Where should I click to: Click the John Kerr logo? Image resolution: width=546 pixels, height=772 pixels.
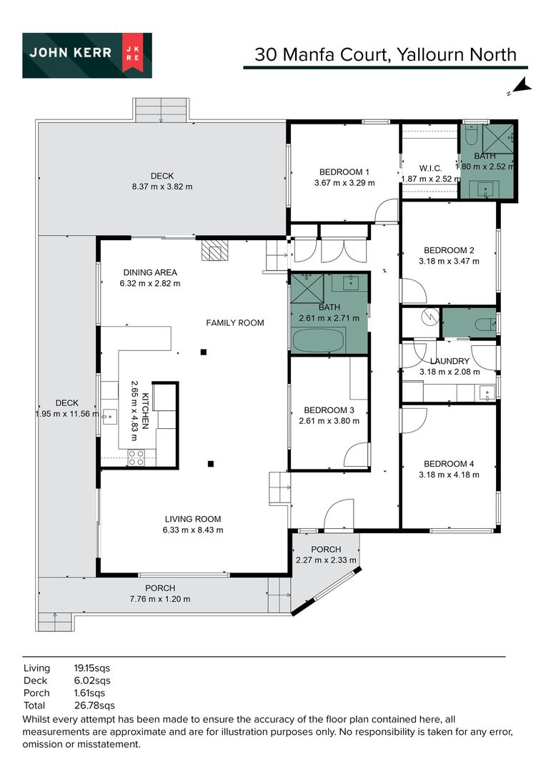tap(87, 55)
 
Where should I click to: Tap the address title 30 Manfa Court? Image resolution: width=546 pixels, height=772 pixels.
tap(322, 54)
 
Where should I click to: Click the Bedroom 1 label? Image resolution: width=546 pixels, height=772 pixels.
tap(344, 172)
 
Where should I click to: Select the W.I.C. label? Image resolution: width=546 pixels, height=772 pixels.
tap(430, 169)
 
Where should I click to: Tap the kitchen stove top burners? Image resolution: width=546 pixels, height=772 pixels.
tap(136, 457)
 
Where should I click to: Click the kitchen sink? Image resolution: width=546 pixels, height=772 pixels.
tap(109, 417)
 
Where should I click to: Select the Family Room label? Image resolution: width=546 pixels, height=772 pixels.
tap(235, 322)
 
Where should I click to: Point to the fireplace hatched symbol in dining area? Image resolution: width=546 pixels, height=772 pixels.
tap(215, 250)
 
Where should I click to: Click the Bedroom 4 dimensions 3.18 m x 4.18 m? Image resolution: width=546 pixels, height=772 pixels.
tap(449, 475)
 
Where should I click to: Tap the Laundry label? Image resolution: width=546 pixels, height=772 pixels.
tap(450, 361)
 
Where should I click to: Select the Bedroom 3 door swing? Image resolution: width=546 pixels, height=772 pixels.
tap(357, 455)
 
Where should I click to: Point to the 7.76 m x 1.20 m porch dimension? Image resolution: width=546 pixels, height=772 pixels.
tap(160, 599)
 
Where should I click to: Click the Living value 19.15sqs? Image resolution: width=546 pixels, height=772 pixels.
tap(92, 668)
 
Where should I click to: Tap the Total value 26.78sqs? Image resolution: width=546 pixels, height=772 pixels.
tap(94, 706)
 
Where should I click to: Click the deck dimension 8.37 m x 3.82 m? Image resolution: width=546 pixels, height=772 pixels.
tap(162, 187)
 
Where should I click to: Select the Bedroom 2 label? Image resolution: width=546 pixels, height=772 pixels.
tap(449, 250)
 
